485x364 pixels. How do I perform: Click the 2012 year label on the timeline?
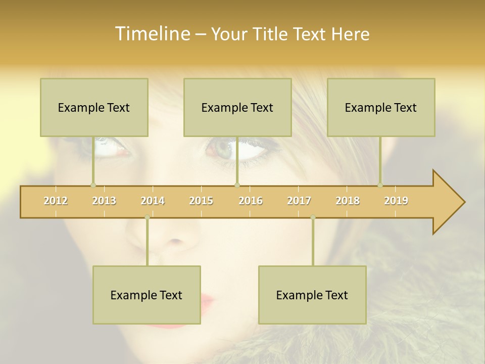pos(56,201)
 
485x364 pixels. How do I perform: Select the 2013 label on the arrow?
pos(104,201)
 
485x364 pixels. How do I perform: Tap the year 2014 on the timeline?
pos(153,201)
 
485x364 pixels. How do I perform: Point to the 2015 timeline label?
pos(201,201)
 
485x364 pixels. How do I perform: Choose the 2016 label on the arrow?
pos(251,201)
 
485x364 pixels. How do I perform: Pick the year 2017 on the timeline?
pos(299,201)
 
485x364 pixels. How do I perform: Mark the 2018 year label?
pos(348,201)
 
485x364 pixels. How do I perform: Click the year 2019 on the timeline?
pos(396,201)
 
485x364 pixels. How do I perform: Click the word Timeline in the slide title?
pos(152,34)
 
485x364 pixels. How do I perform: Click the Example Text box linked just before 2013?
pos(94,107)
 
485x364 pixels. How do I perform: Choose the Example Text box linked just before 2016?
pos(237,107)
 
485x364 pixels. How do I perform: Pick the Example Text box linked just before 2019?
pos(381,107)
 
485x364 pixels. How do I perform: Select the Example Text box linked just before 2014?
pos(147,295)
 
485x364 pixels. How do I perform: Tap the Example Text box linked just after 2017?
pos(312,295)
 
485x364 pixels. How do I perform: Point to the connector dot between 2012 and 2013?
pos(93,185)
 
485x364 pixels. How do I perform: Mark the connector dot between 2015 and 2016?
pos(237,185)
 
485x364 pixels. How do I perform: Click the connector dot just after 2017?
pos(313,217)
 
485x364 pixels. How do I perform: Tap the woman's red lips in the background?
pos(208,303)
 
